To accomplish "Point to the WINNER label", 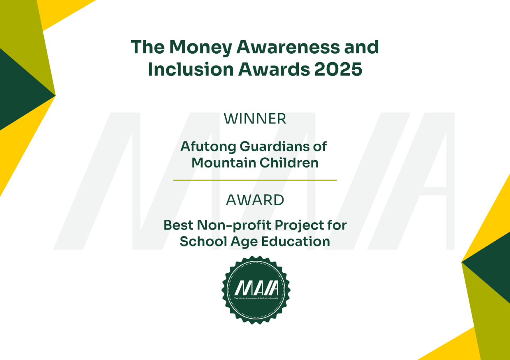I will tap(255, 119).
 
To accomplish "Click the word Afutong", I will tap(208, 147).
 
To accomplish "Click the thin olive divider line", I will tap(255, 180).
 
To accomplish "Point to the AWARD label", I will tap(255, 200).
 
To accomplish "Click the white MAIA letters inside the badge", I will tap(256, 288).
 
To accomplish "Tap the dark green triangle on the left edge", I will tap(20, 92).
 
